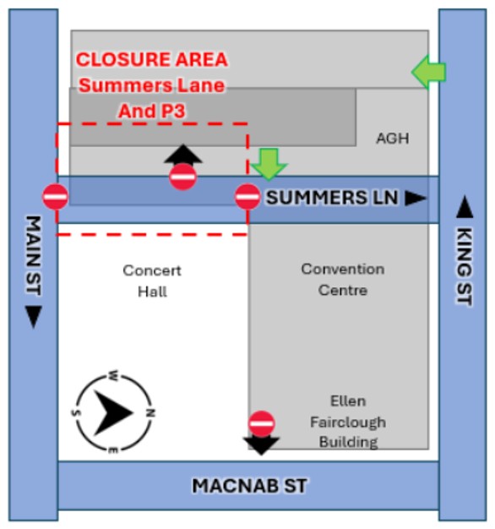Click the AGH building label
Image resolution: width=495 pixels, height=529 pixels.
392,138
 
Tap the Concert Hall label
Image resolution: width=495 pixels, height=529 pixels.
152,281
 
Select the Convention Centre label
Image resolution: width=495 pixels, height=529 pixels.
342,280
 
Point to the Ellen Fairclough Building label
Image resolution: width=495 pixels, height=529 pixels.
348,421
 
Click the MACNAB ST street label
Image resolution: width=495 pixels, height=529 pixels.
249,486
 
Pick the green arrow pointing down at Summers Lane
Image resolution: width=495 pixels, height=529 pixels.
269,164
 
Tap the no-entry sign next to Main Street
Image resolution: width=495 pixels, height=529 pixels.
56,197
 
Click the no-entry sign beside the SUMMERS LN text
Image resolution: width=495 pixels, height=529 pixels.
247,197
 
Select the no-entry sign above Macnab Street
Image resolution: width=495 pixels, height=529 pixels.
262,423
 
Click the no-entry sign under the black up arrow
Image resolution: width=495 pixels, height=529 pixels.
183,177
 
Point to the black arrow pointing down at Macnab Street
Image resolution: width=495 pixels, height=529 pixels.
262,444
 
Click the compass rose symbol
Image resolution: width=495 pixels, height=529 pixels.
113,412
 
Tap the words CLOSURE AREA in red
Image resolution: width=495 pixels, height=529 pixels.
152,60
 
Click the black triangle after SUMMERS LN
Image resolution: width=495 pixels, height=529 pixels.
415,198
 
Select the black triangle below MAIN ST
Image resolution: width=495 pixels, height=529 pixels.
33,317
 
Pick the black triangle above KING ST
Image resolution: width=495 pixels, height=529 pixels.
464,206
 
